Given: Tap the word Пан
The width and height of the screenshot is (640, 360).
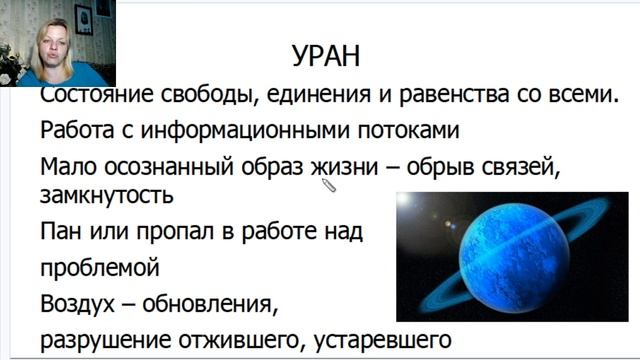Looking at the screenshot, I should click(x=61, y=233).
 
